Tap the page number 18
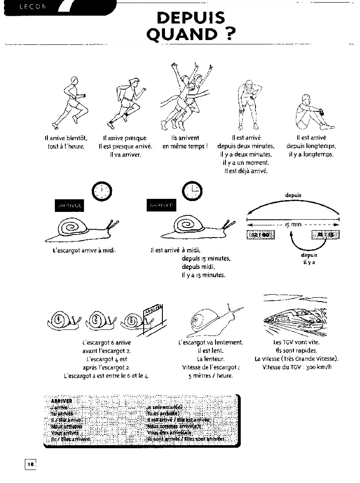coord(30,464)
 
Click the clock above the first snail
coord(102,190)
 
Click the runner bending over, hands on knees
coord(248,104)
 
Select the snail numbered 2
coord(98,321)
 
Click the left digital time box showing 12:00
coord(261,235)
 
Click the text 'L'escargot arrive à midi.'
coord(84,250)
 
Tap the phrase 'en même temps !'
coord(185,146)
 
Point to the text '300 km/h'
coord(309,367)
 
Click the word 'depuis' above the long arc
coord(293,195)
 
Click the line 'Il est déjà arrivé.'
coord(246,171)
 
